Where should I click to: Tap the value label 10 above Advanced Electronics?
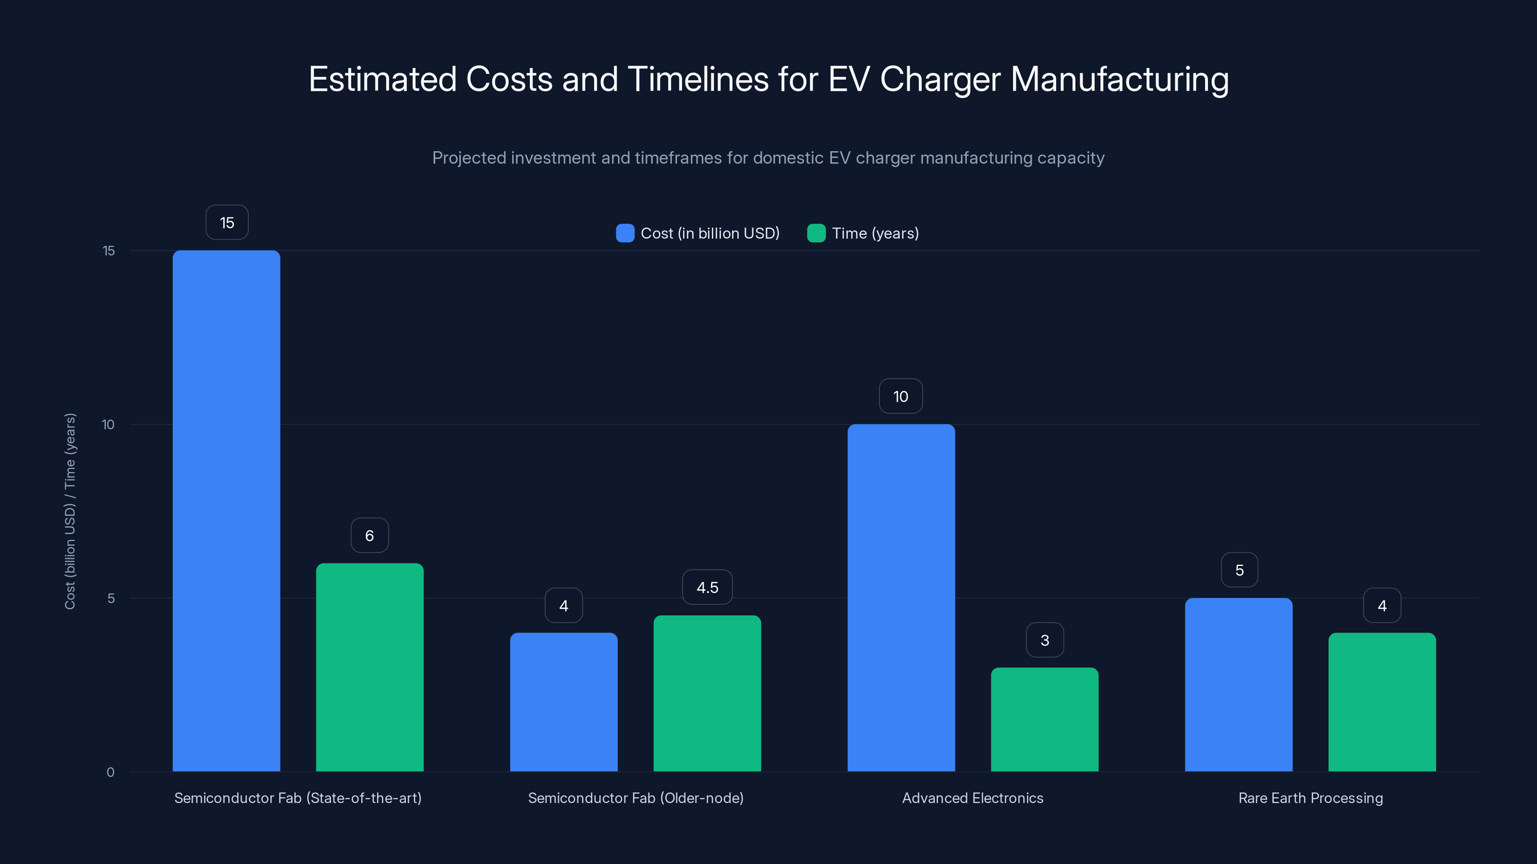pyautogui.click(x=901, y=396)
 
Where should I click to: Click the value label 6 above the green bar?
pyautogui.click(x=369, y=536)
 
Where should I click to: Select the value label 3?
pyautogui.click(x=1044, y=640)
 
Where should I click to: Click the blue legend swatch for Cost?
pyautogui.click(x=625, y=233)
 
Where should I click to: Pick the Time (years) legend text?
pyautogui.click(x=875, y=233)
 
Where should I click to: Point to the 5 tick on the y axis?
pyautogui.click(x=111, y=598)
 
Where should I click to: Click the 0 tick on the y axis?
pyautogui.click(x=110, y=772)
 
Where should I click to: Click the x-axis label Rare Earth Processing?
pyautogui.click(x=1310, y=798)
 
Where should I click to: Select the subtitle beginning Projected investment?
pyautogui.click(x=768, y=158)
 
